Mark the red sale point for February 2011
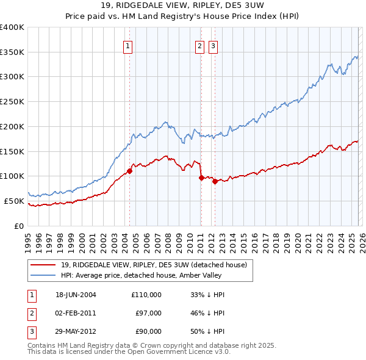[201, 178]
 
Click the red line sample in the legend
[44, 265]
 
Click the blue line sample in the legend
[44, 275]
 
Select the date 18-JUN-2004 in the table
[76, 295]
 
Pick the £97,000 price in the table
[149, 313]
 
